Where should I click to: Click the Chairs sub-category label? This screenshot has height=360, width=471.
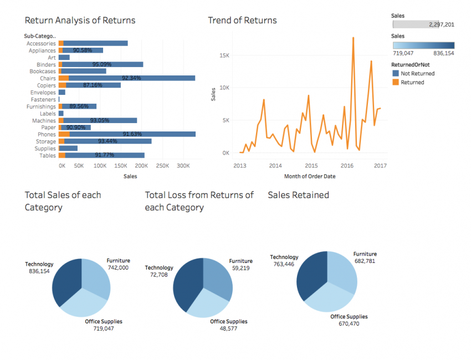(48, 78)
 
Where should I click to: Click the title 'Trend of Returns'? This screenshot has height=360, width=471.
(242, 21)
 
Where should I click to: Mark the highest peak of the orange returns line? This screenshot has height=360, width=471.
(353, 38)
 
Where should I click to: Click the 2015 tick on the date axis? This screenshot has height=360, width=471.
(311, 165)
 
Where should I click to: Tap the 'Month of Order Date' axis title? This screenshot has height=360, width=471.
(309, 176)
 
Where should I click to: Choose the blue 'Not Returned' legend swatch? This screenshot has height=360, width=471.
(396, 73)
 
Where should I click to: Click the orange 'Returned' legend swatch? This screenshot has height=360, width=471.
(396, 82)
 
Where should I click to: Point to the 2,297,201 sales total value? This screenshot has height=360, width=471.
(442, 24)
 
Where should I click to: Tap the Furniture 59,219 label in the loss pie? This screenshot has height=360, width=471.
(240, 265)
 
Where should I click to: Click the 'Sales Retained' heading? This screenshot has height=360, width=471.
(298, 195)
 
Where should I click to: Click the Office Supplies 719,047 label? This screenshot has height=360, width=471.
(104, 325)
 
